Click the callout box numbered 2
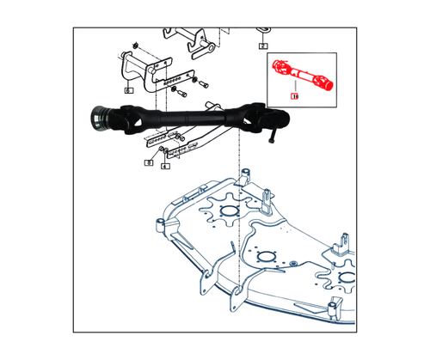[x=263, y=46]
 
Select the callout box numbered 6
[x=128, y=89]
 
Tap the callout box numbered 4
[x=164, y=166]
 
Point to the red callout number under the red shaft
[x=295, y=97]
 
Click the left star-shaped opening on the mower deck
[x=227, y=211]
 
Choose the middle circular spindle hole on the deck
[x=265, y=257]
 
